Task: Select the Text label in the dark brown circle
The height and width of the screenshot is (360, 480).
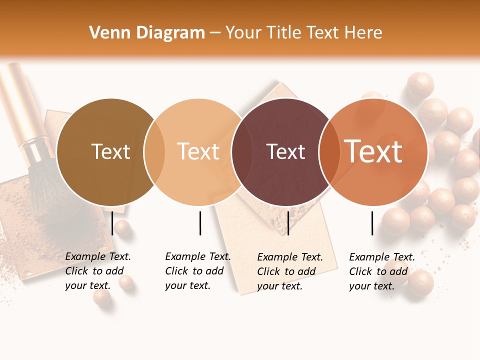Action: [x=110, y=152]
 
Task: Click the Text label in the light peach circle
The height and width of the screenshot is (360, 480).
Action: [x=198, y=152]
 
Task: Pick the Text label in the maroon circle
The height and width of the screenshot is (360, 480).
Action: [x=285, y=152]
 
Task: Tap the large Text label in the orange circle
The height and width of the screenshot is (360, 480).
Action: [x=373, y=152]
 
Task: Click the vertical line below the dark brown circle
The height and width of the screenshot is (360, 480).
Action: [x=112, y=223]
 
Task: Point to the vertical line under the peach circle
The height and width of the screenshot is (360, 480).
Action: [x=200, y=223]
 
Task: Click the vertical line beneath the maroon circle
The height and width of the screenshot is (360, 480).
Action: [x=288, y=223]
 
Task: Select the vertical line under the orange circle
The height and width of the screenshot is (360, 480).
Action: [x=372, y=223]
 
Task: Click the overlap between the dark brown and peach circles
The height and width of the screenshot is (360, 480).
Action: [x=154, y=152]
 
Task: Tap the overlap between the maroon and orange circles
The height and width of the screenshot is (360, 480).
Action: [x=328, y=152]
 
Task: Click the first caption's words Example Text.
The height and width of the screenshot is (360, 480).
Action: [x=98, y=256]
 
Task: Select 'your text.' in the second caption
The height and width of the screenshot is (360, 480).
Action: [x=187, y=285]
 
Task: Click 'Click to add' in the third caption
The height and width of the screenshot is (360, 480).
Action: [x=286, y=271]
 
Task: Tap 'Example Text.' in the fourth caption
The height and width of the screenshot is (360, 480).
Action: [x=382, y=257]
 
